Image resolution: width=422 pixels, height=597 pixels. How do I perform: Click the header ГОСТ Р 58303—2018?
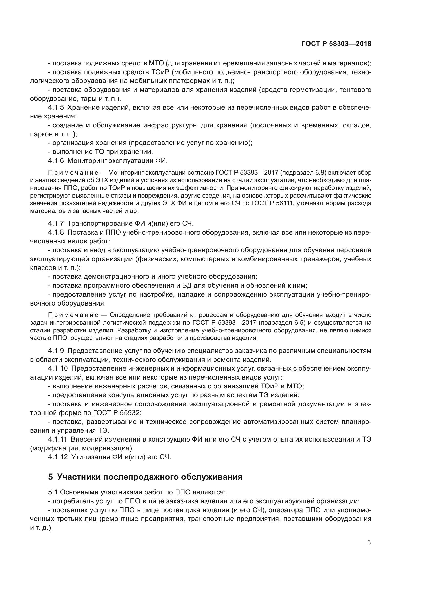tap(336, 44)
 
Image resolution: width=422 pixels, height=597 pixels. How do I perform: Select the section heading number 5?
tap(51, 477)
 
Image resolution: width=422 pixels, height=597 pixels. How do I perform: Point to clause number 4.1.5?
tap(56, 108)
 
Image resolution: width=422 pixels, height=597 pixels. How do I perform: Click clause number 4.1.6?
tap(56, 161)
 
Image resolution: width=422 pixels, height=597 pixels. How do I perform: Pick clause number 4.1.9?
tap(56, 351)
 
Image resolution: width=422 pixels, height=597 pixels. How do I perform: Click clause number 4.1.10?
tap(58, 369)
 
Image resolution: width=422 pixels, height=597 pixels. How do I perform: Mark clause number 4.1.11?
tap(57, 439)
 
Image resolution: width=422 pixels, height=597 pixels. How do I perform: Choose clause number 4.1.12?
tap(58, 457)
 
